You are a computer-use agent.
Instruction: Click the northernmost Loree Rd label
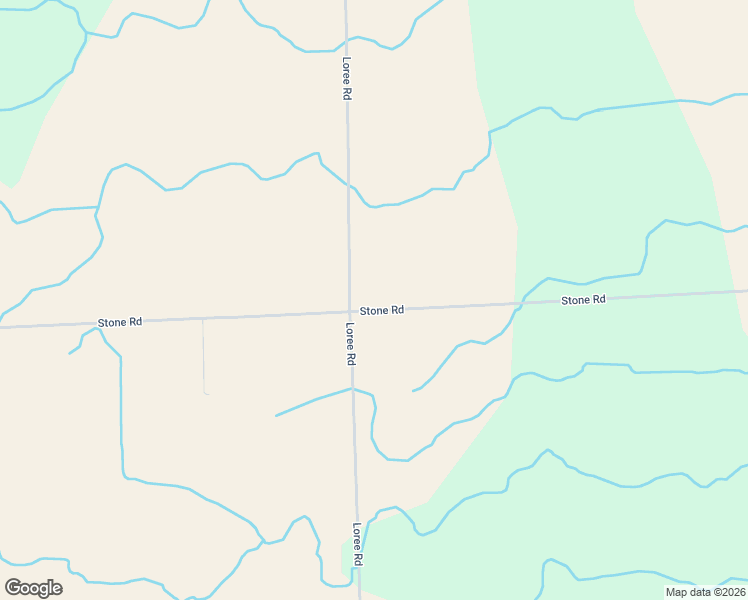(346, 77)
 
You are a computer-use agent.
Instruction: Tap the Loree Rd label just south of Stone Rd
(350, 343)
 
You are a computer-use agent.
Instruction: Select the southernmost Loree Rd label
(356, 545)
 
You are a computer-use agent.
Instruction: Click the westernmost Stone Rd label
(120, 322)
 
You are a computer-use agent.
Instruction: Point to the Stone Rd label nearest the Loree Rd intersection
(382, 311)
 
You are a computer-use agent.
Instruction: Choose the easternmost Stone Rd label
(583, 300)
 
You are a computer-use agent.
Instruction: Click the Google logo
(33, 588)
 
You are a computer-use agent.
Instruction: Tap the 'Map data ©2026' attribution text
(704, 592)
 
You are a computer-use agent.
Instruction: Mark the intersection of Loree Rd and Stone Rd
(349, 312)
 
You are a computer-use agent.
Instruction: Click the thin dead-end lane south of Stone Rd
(204, 355)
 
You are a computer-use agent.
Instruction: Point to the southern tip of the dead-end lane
(207, 394)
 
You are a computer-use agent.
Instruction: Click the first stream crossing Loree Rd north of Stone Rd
(348, 185)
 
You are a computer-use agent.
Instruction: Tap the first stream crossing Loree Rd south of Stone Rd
(352, 388)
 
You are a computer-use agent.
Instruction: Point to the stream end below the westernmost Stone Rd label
(69, 353)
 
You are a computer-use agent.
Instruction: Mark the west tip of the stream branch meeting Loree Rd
(276, 415)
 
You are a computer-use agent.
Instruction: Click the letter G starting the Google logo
(13, 587)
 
